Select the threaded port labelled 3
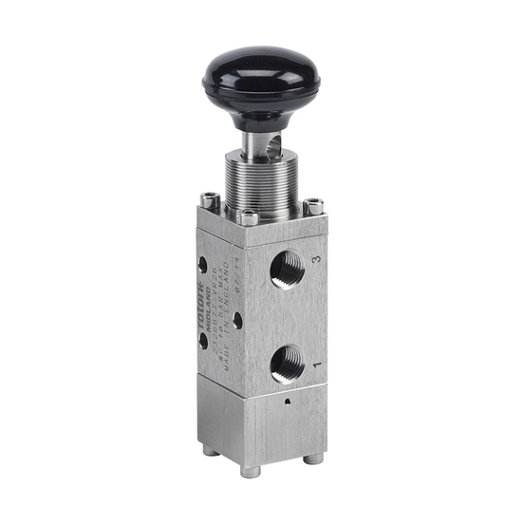pyautogui.click(x=288, y=270)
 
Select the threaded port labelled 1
pyautogui.click(x=288, y=362)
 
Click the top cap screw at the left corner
pyautogui.click(x=211, y=199)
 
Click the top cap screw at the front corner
pyautogui.click(x=249, y=217)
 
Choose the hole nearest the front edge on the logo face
pyautogui.click(x=236, y=320)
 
